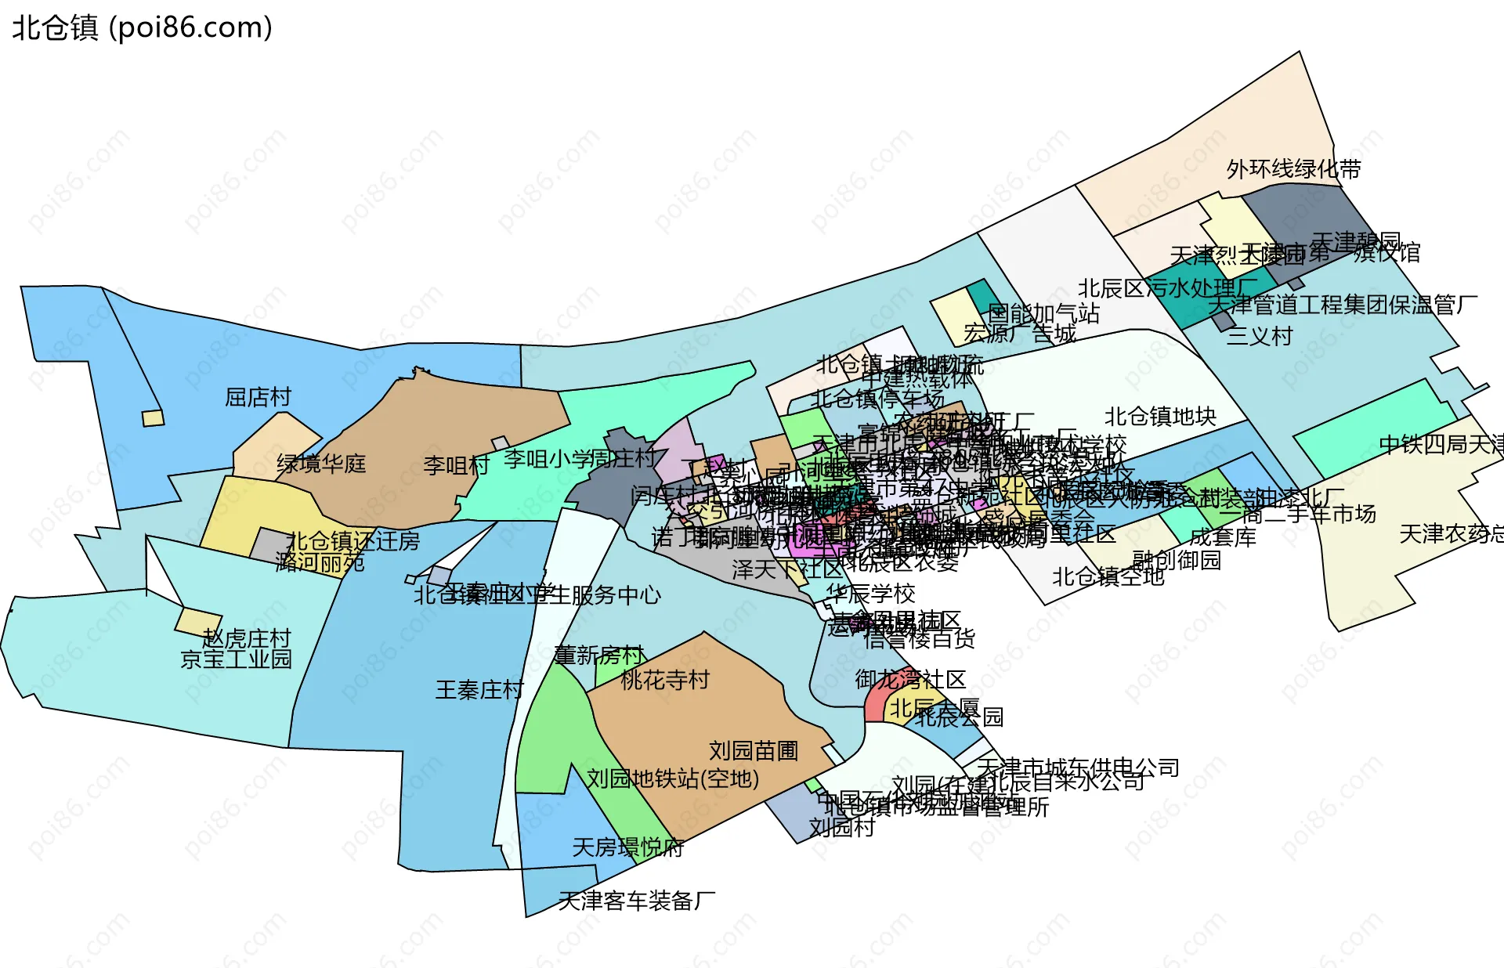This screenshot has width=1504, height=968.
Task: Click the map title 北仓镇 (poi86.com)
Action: (142, 28)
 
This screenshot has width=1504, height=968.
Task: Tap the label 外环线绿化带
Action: (1293, 169)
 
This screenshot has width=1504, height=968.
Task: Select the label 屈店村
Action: (258, 397)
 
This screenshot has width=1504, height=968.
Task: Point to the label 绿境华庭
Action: (321, 464)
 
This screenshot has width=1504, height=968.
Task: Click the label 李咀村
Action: (456, 466)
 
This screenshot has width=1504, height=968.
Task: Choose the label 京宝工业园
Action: (236, 659)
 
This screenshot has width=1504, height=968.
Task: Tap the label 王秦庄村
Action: (479, 690)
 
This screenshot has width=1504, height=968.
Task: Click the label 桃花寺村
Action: (664, 680)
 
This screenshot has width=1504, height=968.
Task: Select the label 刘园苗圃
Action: (754, 751)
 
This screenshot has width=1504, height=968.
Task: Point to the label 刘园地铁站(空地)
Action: (673, 778)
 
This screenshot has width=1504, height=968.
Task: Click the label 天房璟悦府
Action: (628, 847)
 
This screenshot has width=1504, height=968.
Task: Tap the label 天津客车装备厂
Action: (636, 901)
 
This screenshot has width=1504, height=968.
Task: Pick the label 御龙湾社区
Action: (910, 679)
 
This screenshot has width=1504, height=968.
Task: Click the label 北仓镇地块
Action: (1160, 417)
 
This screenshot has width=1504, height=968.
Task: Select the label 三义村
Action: (1259, 337)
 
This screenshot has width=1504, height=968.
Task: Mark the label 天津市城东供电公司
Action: (1078, 768)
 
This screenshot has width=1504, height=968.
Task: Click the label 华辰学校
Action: (870, 594)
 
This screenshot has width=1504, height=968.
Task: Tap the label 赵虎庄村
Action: (246, 638)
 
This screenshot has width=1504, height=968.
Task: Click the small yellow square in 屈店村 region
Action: (153, 418)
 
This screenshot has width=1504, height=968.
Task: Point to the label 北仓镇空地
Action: (1108, 577)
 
